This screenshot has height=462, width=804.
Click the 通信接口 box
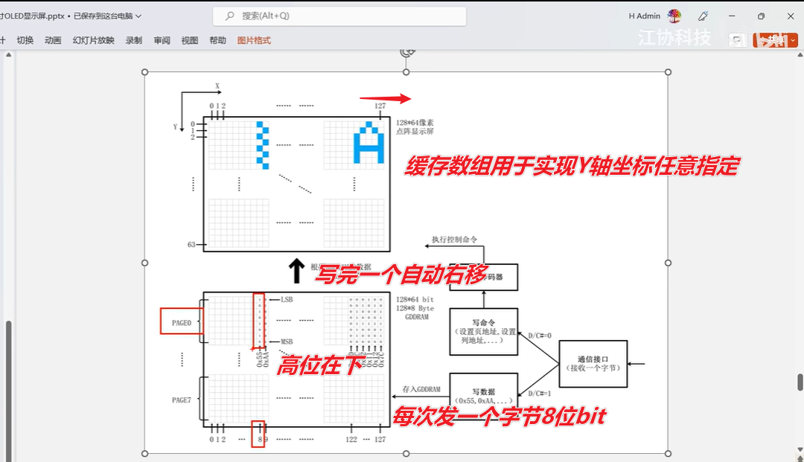click(x=593, y=362)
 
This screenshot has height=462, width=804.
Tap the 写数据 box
click(x=483, y=396)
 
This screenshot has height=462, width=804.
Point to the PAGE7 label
click(x=182, y=400)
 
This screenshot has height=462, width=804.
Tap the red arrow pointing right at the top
click(x=385, y=99)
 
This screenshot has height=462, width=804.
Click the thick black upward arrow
click(x=296, y=271)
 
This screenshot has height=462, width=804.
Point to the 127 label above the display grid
click(x=380, y=106)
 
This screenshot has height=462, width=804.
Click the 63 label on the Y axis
click(x=191, y=244)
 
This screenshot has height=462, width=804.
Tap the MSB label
click(x=287, y=341)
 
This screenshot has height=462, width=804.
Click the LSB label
click(x=286, y=299)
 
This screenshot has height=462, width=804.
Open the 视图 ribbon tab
click(x=190, y=40)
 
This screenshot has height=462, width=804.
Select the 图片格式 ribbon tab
click(x=254, y=40)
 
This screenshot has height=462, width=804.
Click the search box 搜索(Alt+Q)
click(x=339, y=16)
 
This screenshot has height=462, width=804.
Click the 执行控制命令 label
click(x=454, y=240)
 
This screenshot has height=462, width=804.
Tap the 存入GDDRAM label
click(x=422, y=389)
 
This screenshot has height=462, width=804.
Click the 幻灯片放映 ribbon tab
click(x=94, y=40)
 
